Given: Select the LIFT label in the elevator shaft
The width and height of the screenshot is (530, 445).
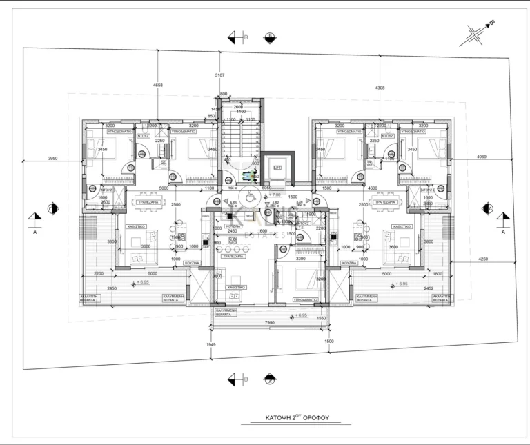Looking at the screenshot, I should [x=277, y=168].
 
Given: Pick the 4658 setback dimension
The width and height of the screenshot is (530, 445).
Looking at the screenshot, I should [x=159, y=86].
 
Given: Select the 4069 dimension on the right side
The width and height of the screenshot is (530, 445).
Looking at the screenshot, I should [x=481, y=157].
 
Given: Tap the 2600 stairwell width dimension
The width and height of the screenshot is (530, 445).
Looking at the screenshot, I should [x=239, y=107].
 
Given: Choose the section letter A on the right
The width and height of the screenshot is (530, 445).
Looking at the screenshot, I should [x=503, y=232].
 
